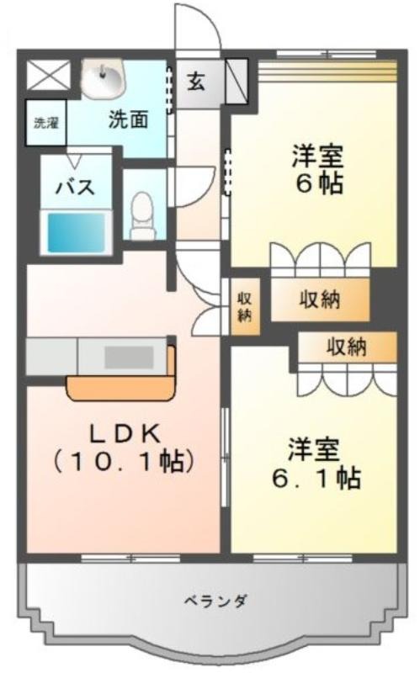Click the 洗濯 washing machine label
[x=46, y=123]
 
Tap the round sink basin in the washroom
[x=103, y=79]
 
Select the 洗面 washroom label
[x=129, y=119]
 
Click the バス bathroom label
[x=76, y=188]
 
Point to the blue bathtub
[x=76, y=233]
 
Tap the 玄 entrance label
[x=196, y=82]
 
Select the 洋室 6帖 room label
[x=318, y=170]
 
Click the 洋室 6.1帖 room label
[x=316, y=464]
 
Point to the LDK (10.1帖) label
[x=124, y=448]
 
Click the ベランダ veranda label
[x=215, y=600]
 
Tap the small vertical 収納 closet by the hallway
[x=245, y=306]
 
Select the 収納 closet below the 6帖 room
[x=320, y=299]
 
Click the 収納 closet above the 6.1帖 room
[x=347, y=347]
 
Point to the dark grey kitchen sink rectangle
[x=130, y=357]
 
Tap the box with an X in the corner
[x=49, y=76]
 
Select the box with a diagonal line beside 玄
[x=237, y=81]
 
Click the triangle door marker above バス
[x=76, y=162]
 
